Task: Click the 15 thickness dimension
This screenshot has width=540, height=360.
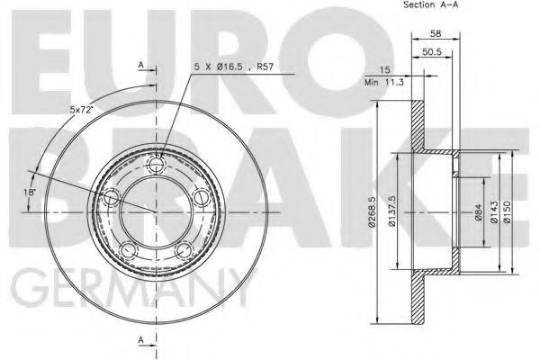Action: click(383, 69)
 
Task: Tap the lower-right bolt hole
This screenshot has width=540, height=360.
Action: click(184, 249)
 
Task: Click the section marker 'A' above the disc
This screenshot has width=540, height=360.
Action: click(141, 66)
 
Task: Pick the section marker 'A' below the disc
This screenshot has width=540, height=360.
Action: click(141, 338)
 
